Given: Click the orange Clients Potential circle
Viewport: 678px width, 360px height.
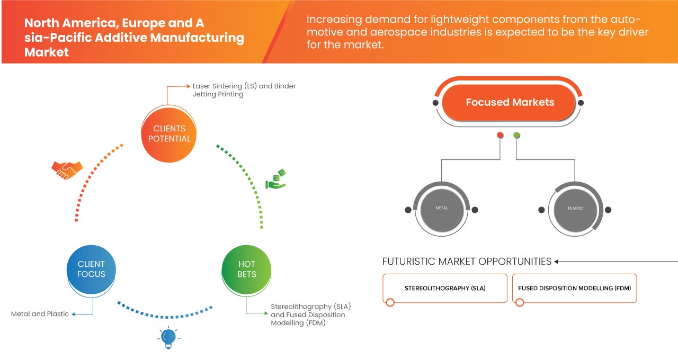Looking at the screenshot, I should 169,133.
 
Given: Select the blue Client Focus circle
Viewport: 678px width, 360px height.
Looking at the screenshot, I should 91,269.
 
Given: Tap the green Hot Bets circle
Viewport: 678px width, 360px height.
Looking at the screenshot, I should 247,269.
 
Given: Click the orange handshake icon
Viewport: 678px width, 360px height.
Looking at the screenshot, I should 67,169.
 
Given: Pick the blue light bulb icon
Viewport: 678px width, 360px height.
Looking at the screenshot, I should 168,337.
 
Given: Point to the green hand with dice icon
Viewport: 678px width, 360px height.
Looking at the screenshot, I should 276,179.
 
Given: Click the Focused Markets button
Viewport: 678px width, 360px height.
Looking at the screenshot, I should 510,103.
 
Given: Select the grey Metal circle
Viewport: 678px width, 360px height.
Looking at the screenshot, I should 441,208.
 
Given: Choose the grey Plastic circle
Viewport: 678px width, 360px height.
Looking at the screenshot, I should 575,208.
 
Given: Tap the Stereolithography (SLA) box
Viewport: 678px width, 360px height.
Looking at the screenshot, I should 445,289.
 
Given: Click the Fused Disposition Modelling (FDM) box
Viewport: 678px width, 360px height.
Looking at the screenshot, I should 575,289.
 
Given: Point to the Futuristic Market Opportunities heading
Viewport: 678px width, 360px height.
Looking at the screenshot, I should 467,262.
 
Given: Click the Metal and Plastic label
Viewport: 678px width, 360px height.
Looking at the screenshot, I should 40,314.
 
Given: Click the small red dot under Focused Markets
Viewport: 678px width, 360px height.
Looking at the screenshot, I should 500,136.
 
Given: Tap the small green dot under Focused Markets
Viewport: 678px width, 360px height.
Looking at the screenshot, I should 516,136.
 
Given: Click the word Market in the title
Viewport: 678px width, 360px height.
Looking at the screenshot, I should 47,52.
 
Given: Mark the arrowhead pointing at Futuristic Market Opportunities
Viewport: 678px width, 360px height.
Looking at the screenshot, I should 557,262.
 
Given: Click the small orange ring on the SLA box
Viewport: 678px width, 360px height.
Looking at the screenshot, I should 390,302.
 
